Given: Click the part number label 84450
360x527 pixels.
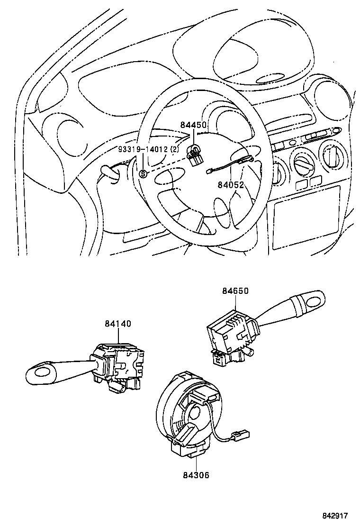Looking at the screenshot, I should pyautogui.click(x=193, y=125).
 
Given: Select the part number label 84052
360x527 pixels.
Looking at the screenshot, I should pyautogui.click(x=231, y=185).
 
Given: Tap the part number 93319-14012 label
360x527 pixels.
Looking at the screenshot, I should pyautogui.click(x=149, y=150).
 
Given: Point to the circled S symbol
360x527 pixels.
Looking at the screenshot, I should pyautogui.click(x=143, y=174).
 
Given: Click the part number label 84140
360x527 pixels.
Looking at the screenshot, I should pyautogui.click(x=118, y=324).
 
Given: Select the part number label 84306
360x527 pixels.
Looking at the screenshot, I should pyautogui.click(x=195, y=474).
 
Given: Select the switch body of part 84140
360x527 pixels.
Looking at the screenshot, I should pyautogui.click(x=121, y=363).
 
